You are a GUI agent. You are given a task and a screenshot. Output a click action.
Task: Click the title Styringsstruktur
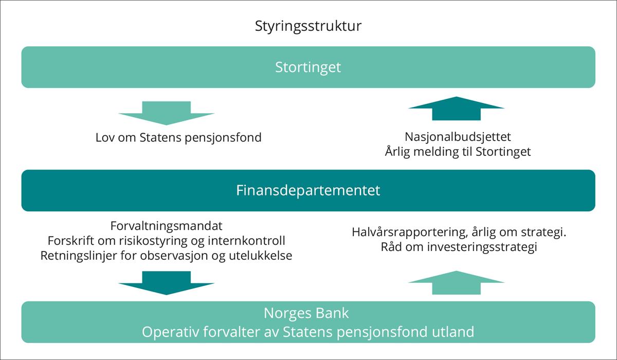click(308, 27)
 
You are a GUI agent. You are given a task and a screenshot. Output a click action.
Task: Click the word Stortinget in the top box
click(308, 68)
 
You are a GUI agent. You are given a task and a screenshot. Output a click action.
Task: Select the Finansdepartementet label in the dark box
click(308, 190)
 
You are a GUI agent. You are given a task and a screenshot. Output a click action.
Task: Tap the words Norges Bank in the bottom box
click(306, 313)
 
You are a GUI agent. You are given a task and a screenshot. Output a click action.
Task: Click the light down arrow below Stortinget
click(167, 113)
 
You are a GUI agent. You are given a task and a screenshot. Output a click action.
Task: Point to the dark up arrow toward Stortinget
click(456, 109)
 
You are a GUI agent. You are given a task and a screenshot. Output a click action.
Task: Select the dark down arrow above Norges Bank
click(167, 283)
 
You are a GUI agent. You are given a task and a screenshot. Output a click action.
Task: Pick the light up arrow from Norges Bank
click(456, 283)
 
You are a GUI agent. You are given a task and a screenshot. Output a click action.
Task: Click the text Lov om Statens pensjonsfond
click(178, 138)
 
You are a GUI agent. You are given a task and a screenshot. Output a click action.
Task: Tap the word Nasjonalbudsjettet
click(458, 137)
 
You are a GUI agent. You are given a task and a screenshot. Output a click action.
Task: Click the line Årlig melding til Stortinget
click(458, 152)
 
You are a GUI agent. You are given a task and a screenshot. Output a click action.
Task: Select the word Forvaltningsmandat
click(167, 226)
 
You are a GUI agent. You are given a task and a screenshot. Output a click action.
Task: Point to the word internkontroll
click(246, 241)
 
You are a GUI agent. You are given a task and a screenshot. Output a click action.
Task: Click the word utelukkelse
click(261, 256)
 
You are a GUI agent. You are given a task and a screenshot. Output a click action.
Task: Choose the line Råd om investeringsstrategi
click(459, 247)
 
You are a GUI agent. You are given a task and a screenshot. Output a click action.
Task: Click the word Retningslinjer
click(79, 256)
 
